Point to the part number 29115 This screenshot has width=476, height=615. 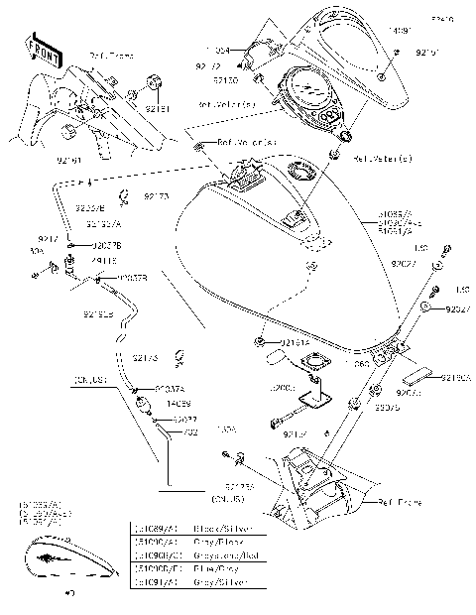pos(104,260)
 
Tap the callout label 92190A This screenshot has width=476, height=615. pos(455,378)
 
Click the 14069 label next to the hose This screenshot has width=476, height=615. pos(151,405)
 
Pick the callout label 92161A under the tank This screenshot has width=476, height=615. pos(292,342)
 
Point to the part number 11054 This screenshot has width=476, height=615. pos(219,48)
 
